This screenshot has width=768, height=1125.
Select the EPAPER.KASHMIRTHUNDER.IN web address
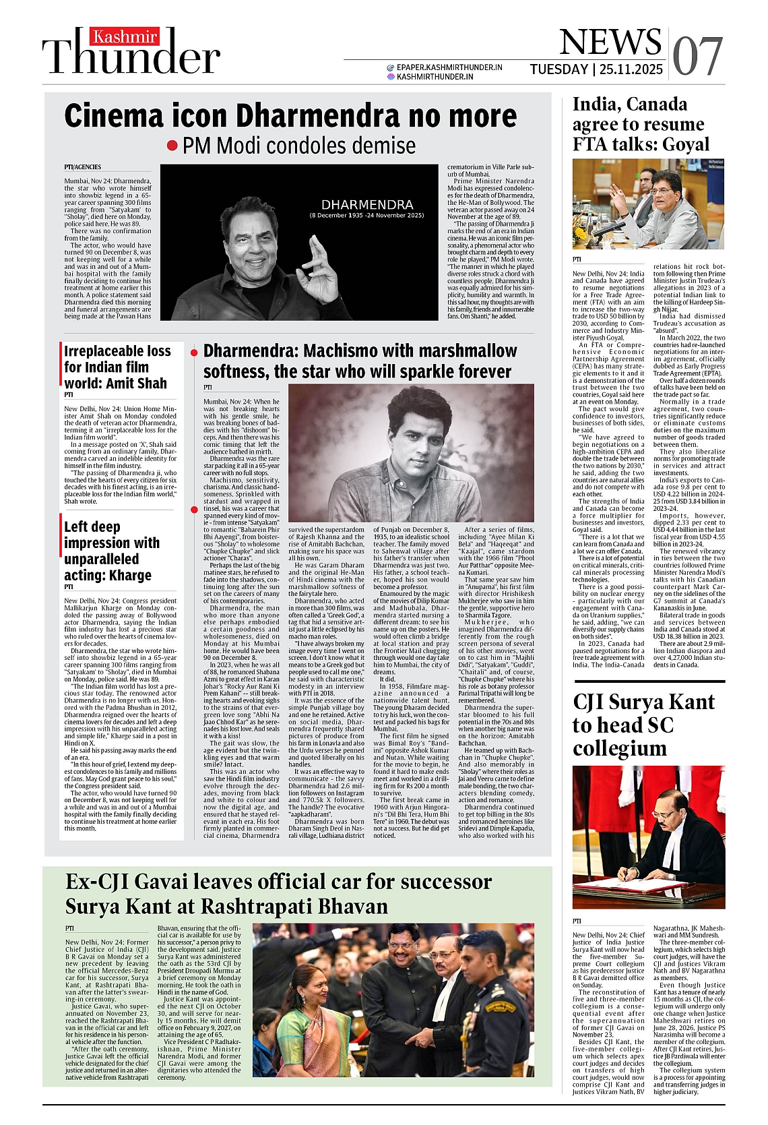pyautogui.click(x=449, y=67)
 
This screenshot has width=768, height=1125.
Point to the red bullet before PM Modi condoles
pyautogui.click(x=172, y=146)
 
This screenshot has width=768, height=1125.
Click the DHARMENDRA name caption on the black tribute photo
pyautogui.click(x=366, y=204)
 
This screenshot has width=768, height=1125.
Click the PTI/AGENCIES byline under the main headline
pyautogui.click(x=83, y=167)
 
